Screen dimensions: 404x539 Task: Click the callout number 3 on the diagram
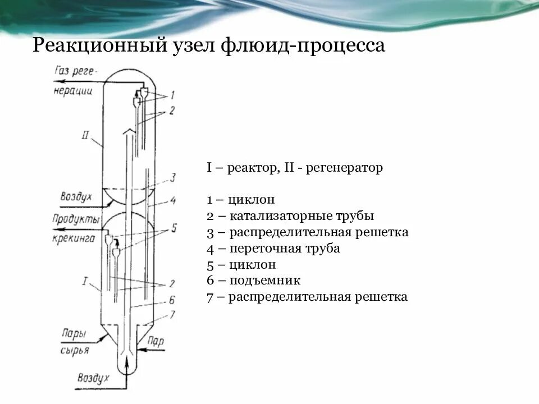[173, 178]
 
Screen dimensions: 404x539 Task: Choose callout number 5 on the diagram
[173, 228]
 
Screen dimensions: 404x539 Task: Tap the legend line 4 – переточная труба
[273, 248]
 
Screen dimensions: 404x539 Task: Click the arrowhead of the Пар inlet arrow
[139, 349]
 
